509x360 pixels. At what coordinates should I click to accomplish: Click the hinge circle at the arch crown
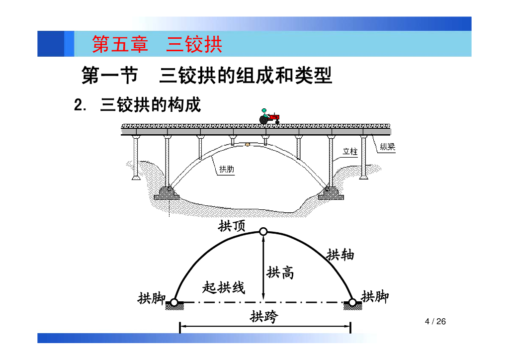(263, 231)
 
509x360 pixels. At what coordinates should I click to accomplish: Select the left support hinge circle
(174, 302)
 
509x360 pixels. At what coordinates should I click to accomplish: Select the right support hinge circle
(352, 302)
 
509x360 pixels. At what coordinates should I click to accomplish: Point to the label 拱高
(280, 272)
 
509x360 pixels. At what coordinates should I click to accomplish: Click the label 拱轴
(340, 255)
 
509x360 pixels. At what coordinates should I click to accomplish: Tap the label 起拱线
(224, 287)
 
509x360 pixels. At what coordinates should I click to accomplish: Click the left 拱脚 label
(152, 298)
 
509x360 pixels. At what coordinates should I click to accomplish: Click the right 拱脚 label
(375, 297)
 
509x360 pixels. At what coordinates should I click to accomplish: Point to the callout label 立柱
(350, 151)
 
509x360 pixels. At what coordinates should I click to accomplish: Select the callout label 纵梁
(387, 147)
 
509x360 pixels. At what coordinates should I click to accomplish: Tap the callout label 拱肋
(227, 169)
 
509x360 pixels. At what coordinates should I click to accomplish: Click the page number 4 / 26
(435, 322)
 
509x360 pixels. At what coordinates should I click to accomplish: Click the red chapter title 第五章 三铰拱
(157, 45)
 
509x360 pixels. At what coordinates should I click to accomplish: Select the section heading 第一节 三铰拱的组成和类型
(206, 76)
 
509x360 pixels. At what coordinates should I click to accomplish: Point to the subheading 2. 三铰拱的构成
(137, 105)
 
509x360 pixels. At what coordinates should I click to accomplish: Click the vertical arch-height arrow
(263, 269)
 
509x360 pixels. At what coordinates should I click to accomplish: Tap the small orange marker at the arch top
(247, 145)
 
